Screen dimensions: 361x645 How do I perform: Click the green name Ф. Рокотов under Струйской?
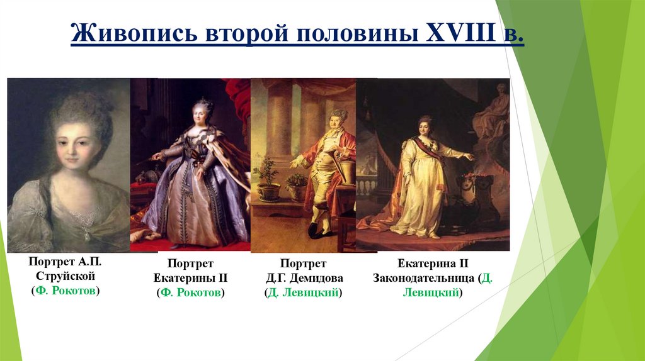(66, 290)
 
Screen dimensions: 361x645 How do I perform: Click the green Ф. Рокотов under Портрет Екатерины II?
(190, 292)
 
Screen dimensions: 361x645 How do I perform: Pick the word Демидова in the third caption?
(303, 278)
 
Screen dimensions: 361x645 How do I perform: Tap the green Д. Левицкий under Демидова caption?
(303, 292)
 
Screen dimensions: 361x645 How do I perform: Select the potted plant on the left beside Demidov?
(267, 179)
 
